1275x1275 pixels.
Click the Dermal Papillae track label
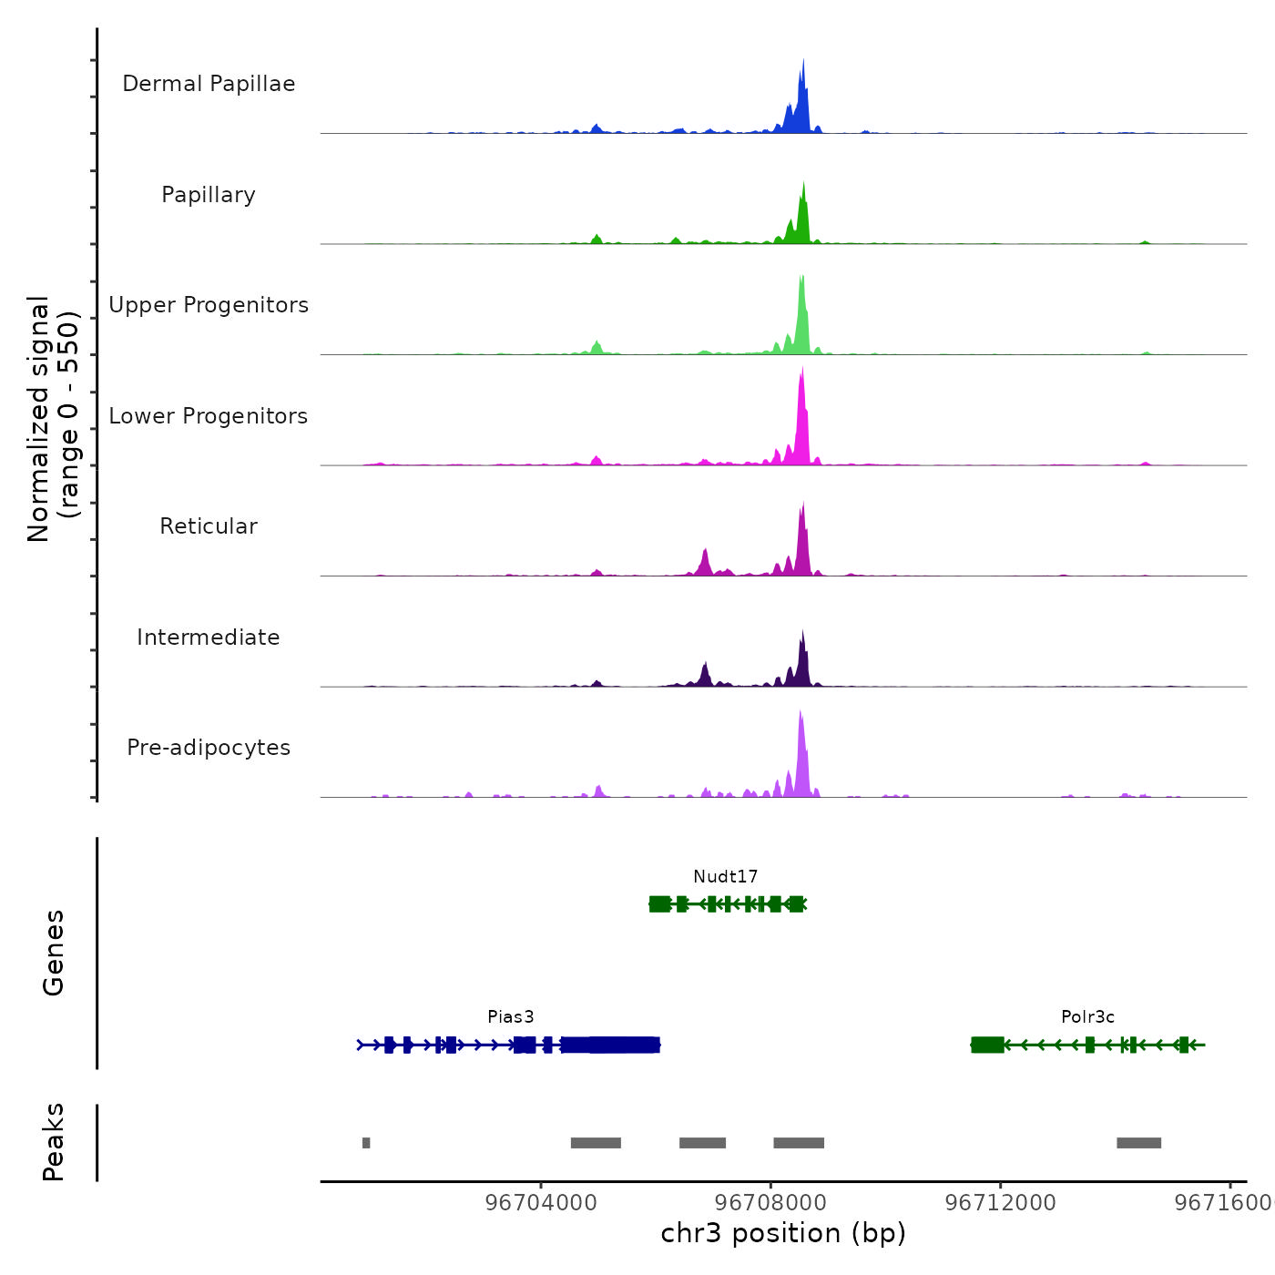pyautogui.click(x=209, y=84)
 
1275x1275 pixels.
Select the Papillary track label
pyautogui.click(x=209, y=195)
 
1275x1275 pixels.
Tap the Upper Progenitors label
pyautogui.click(x=209, y=305)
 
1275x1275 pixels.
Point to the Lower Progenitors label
pyautogui.click(x=209, y=416)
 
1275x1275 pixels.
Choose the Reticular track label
pyautogui.click(x=209, y=526)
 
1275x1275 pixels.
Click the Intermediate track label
pyautogui.click(x=209, y=637)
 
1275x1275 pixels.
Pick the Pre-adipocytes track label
pyautogui.click(x=209, y=748)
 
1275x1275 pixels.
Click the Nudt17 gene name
pyautogui.click(x=725, y=877)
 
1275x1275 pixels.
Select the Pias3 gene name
pyautogui.click(x=510, y=1017)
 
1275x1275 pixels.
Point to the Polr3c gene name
pyautogui.click(x=1087, y=1017)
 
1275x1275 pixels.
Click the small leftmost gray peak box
pyautogui.click(x=366, y=1143)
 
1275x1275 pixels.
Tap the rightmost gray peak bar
pyautogui.click(x=1138, y=1143)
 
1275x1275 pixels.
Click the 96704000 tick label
pyautogui.click(x=541, y=1203)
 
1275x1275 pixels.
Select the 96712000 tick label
pyautogui.click(x=1000, y=1203)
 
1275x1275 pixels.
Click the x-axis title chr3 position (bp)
pyautogui.click(x=783, y=1233)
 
